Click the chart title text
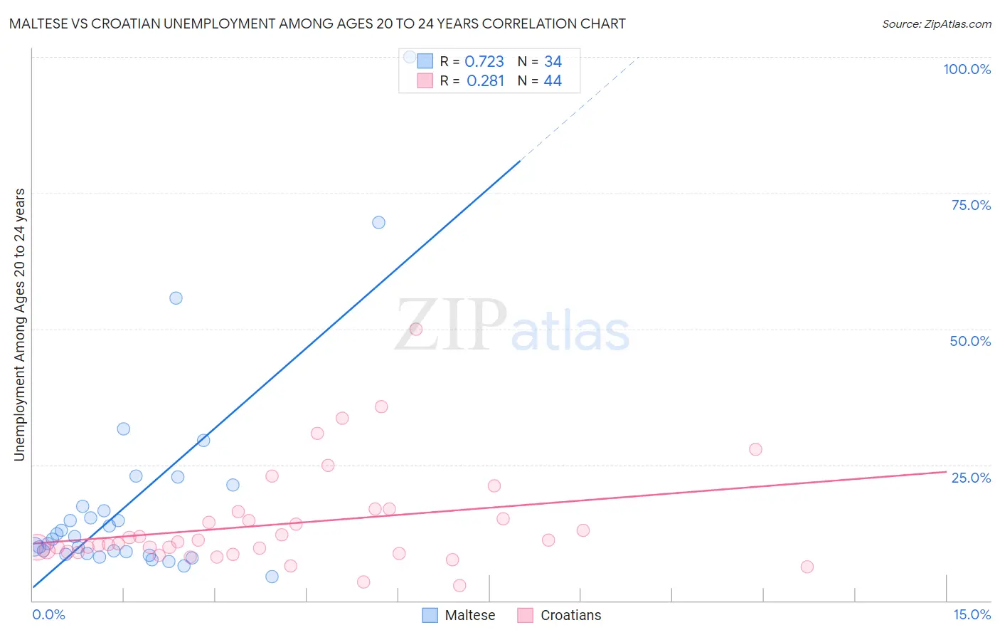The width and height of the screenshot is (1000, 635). pyautogui.click(x=317, y=23)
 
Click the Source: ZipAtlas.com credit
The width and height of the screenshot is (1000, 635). pyautogui.click(x=936, y=23)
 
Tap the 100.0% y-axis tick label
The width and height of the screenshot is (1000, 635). pyautogui.click(x=967, y=69)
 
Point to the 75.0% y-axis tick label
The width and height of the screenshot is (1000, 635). pyautogui.click(x=971, y=205)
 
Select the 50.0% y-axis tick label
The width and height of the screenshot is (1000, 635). pyautogui.click(x=970, y=341)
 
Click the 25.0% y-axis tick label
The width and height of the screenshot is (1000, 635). pyautogui.click(x=971, y=478)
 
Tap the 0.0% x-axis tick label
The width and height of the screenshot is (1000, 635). pyautogui.click(x=48, y=614)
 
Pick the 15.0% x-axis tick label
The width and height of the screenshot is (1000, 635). pyautogui.click(x=972, y=614)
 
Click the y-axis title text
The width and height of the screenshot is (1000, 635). pyautogui.click(x=20, y=325)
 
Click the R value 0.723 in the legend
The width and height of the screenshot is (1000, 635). pyautogui.click(x=484, y=62)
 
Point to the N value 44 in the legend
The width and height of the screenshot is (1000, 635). pyautogui.click(x=553, y=81)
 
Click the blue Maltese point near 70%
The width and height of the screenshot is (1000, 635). pyautogui.click(x=378, y=222)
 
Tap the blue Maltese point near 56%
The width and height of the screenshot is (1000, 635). pyautogui.click(x=176, y=298)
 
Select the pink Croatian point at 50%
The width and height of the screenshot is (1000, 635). pyautogui.click(x=416, y=329)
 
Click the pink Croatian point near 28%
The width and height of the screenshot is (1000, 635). pyautogui.click(x=755, y=449)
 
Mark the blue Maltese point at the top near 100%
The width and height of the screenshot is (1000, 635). pyautogui.click(x=410, y=56)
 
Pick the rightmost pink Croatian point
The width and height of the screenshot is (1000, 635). pyautogui.click(x=807, y=567)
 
